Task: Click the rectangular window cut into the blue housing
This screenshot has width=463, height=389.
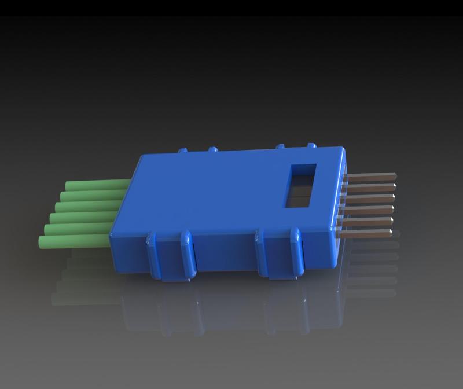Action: point(301,185)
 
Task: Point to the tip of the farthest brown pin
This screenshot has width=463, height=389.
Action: point(395,174)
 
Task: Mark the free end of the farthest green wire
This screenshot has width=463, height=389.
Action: point(68,186)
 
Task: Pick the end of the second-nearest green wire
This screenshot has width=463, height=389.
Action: point(47,229)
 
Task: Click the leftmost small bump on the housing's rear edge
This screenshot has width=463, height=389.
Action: point(183,151)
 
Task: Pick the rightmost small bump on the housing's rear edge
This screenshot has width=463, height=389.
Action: point(311,146)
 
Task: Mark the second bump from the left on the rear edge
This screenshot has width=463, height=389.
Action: point(212,149)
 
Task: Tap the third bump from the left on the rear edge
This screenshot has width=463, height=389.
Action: point(282,147)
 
